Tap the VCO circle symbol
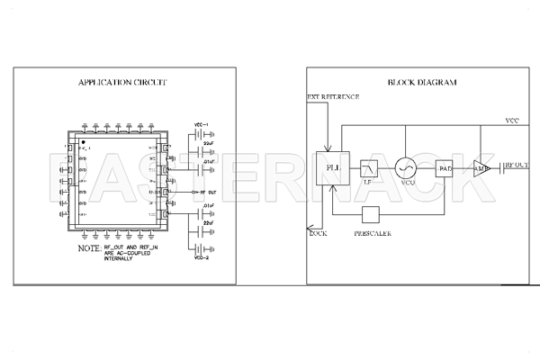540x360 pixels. coord(407,167)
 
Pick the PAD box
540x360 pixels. coord(445,167)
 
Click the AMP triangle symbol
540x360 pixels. coord(481,167)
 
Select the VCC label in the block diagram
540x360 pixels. coord(511,121)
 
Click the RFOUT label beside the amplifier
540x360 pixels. coord(517,166)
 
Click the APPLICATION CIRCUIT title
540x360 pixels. coord(122,83)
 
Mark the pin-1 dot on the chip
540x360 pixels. coord(83,142)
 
